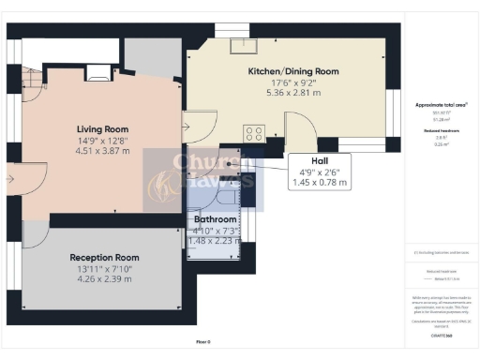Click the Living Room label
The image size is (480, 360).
point(102,129)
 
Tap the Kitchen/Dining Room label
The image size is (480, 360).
point(293,71)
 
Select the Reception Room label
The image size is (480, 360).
point(105,257)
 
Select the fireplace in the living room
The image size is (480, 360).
point(97,70)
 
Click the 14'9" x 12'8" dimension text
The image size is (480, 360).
point(102,142)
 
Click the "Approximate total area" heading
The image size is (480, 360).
point(440,106)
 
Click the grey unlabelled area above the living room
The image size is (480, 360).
point(144,58)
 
